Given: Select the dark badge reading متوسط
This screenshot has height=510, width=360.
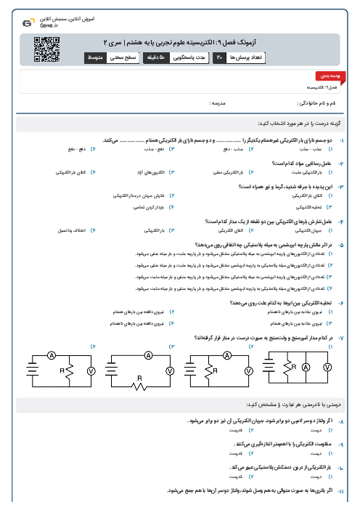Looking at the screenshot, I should click(97, 57).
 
